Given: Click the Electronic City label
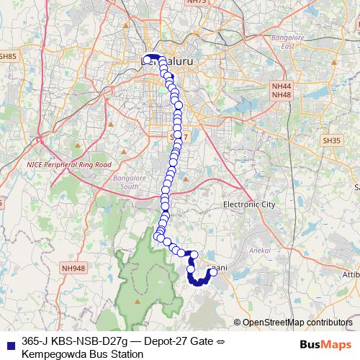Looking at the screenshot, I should pyautogui.click(x=249, y=205).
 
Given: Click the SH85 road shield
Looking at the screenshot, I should pyautogui.click(x=8, y=55).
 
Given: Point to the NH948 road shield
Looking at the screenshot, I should pyautogui.click(x=73, y=269).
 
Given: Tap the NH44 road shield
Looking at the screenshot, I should pyautogui.click(x=282, y=86).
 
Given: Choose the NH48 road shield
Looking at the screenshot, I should pyautogui.click(x=282, y=94).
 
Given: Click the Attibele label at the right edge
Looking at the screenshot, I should pyautogui.click(x=352, y=274).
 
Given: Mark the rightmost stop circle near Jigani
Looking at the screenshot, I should pyautogui.click(x=213, y=272).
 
